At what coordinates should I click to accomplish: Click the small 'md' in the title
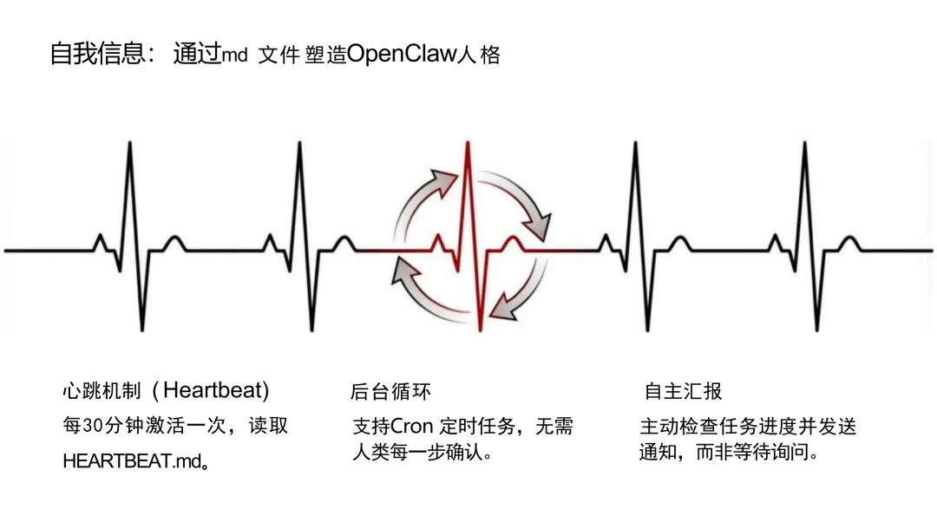click(x=235, y=56)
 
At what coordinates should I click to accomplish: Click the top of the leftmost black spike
click(x=130, y=143)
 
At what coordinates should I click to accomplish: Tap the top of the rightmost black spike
click(x=804, y=143)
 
